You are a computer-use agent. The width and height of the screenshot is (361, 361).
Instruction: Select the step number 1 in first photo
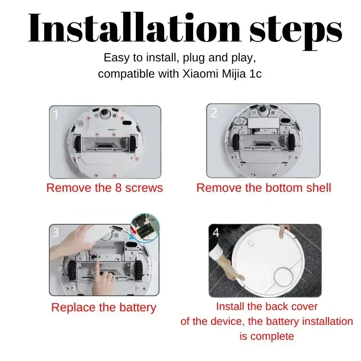tap(56, 115)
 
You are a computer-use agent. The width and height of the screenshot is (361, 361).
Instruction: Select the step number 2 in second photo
tap(214, 113)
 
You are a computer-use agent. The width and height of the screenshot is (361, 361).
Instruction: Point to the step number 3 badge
tap(56, 232)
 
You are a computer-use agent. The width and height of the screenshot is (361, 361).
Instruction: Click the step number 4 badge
tap(217, 233)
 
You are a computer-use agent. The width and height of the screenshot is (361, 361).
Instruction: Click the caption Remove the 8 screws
tap(104, 188)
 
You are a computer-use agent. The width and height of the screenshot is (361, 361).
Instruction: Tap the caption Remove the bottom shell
tap(264, 188)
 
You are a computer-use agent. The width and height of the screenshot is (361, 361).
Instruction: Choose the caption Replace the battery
tap(103, 308)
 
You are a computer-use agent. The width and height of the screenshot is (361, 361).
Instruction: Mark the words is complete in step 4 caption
tap(266, 336)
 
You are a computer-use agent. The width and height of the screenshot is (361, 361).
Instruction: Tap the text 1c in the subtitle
tap(255, 74)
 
